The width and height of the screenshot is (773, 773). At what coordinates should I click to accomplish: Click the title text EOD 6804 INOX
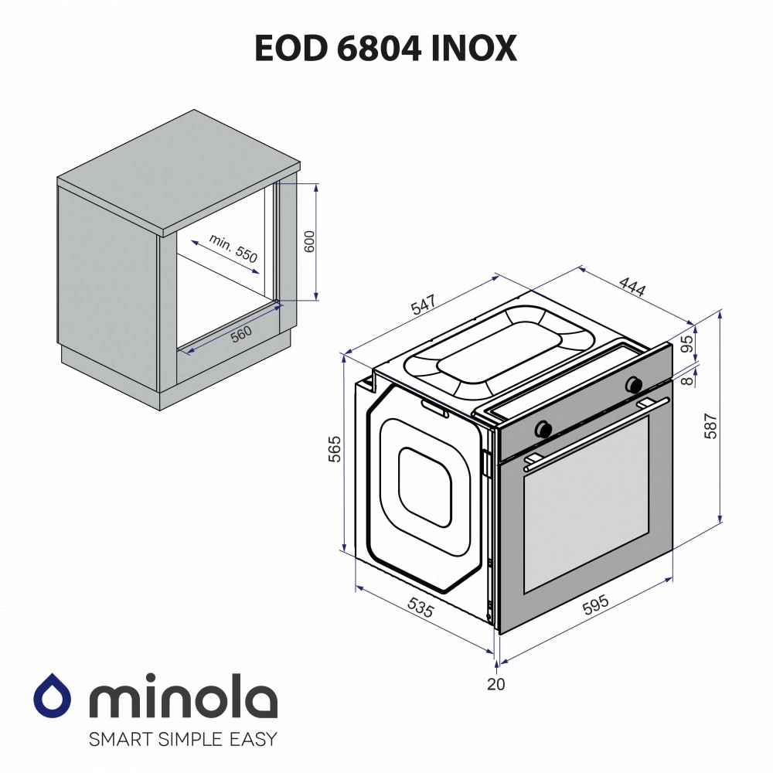386,48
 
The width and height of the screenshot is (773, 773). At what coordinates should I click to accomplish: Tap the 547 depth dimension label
424,305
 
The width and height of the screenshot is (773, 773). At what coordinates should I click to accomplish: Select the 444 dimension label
631,288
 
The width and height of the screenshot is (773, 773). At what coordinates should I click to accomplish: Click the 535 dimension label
420,608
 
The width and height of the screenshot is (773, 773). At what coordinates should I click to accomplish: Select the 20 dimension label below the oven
495,683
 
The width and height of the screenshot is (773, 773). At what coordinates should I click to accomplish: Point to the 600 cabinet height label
309,242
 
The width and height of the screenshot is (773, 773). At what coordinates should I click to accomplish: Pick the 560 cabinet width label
241,334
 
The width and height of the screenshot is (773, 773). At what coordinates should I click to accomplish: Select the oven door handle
595,434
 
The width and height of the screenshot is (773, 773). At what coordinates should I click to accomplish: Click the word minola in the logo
183,700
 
